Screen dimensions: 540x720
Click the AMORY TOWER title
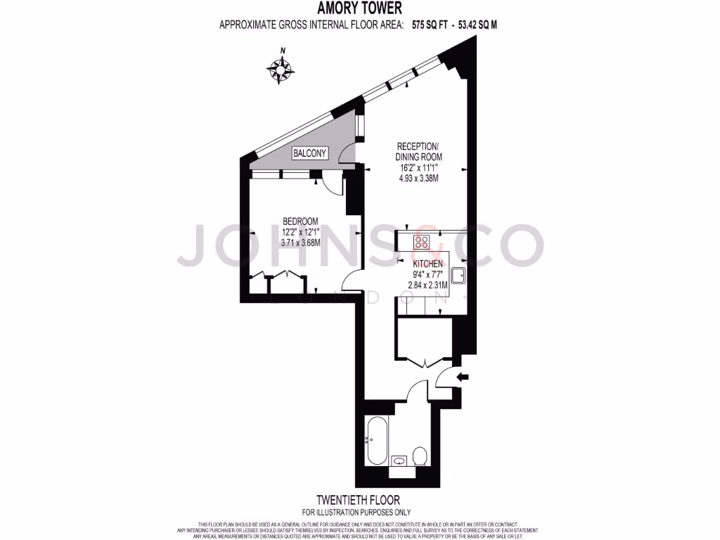point(359,8)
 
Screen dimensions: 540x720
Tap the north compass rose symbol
point(281,68)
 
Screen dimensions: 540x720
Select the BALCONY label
point(309,153)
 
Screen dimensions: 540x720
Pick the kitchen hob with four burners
point(422,243)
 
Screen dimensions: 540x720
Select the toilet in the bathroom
point(420,456)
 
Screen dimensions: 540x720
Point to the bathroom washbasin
point(399,461)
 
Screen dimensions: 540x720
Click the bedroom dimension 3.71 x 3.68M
point(301,243)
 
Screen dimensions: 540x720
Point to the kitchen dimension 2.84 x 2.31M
point(428,285)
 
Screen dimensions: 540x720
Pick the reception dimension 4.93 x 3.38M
point(418,179)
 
